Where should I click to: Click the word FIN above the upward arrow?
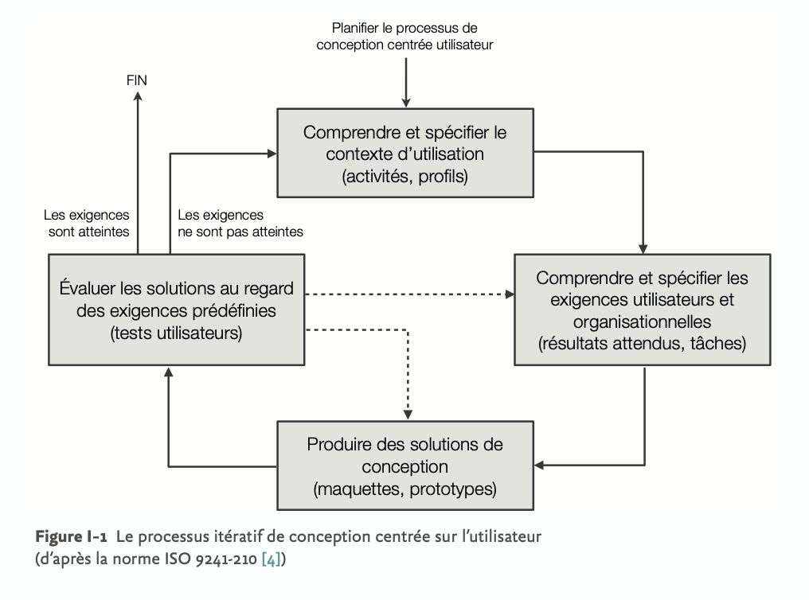137,80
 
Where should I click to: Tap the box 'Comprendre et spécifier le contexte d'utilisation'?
405,153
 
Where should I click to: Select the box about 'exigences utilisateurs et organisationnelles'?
643,310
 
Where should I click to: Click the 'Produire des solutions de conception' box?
405,466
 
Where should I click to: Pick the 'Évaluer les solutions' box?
177,310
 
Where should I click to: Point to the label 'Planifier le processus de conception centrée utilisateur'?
405,36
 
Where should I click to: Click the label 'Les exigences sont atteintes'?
87,223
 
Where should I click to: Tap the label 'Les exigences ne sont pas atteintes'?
240,223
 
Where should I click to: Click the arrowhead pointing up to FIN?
138,95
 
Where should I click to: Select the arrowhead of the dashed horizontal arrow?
510,294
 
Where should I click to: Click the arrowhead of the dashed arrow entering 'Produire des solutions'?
408,415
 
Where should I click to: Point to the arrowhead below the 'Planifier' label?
406,103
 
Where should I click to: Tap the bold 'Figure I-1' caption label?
71,536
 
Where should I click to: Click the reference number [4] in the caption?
272,559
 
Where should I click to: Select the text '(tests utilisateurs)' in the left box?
177,333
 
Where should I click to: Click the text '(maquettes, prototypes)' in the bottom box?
405,489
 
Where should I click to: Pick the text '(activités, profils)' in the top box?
405,177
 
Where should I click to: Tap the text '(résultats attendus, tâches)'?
643,343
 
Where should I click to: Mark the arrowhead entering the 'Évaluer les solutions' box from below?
168,372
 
